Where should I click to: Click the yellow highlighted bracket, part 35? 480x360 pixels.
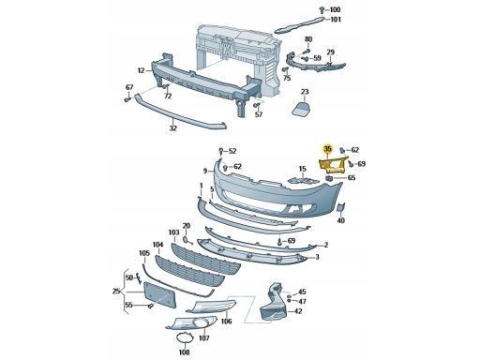click(332, 166)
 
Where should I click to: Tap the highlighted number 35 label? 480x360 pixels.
click(327, 149)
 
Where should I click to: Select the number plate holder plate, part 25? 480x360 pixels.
click(159, 294)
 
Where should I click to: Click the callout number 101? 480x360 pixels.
click(336, 20)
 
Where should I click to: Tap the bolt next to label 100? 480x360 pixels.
click(322, 9)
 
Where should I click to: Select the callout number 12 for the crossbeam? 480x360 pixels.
click(141, 70)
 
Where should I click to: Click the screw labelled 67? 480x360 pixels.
click(127, 99)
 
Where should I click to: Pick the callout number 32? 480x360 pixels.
click(173, 128)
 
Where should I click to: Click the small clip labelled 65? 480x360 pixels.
click(329, 178)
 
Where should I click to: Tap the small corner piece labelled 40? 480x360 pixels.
click(340, 208)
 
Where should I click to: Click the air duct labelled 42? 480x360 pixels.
click(273, 302)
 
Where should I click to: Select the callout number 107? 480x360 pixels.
click(204, 337)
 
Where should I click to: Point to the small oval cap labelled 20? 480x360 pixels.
click(186, 240)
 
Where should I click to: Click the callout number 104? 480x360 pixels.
click(158, 245)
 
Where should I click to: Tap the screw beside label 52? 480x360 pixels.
click(221, 151)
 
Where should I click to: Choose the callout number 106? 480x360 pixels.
click(226, 321)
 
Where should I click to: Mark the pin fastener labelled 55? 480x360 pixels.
click(151, 306)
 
